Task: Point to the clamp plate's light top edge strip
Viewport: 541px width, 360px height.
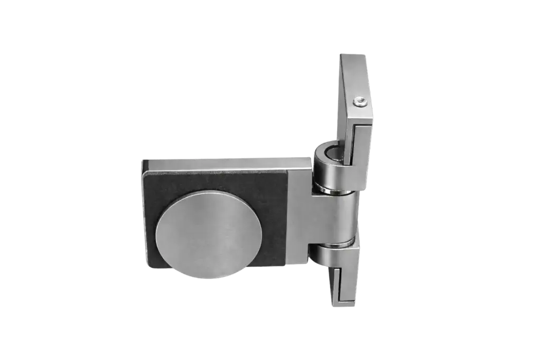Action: tap(222, 159)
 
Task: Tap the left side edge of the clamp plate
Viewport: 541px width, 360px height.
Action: tap(143, 211)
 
